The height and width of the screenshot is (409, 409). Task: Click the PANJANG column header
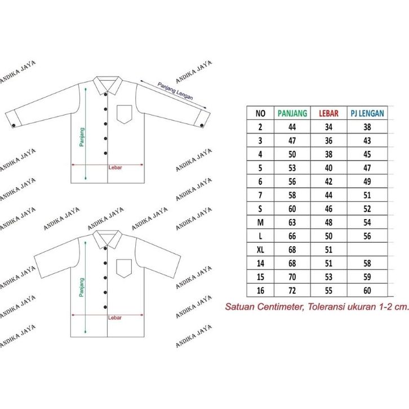click(x=293, y=113)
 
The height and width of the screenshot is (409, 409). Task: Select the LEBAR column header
click(x=329, y=113)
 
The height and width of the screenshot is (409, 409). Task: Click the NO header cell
click(x=260, y=113)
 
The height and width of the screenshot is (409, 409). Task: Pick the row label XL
click(x=260, y=250)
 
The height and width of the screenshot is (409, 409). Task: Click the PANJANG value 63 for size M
click(x=293, y=223)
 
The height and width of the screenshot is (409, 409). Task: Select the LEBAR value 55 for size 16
click(x=329, y=291)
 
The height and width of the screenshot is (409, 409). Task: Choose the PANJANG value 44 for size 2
click(x=293, y=127)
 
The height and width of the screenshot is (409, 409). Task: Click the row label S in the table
click(x=260, y=209)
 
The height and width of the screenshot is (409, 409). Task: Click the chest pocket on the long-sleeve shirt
click(x=125, y=114)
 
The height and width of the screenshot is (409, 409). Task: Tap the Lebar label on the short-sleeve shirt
click(x=115, y=317)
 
